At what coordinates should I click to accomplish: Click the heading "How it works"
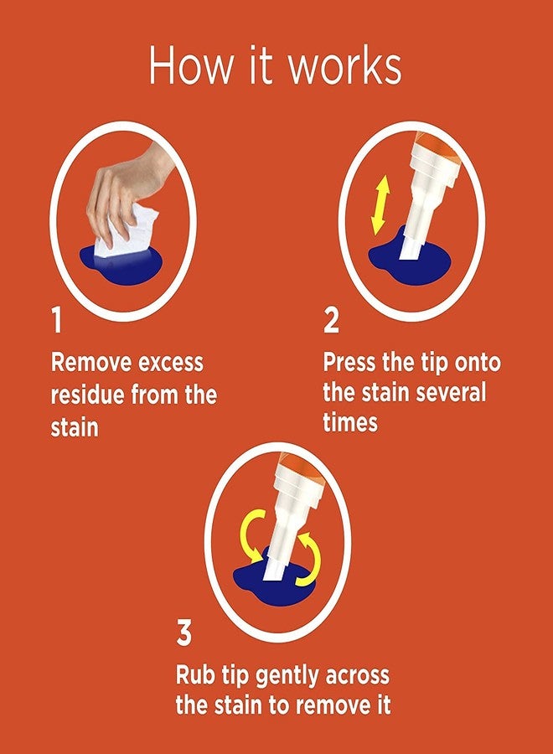point(275,67)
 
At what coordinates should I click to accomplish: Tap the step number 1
point(56,320)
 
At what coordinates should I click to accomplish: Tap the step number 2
point(331,320)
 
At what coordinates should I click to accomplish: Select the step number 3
point(184,634)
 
